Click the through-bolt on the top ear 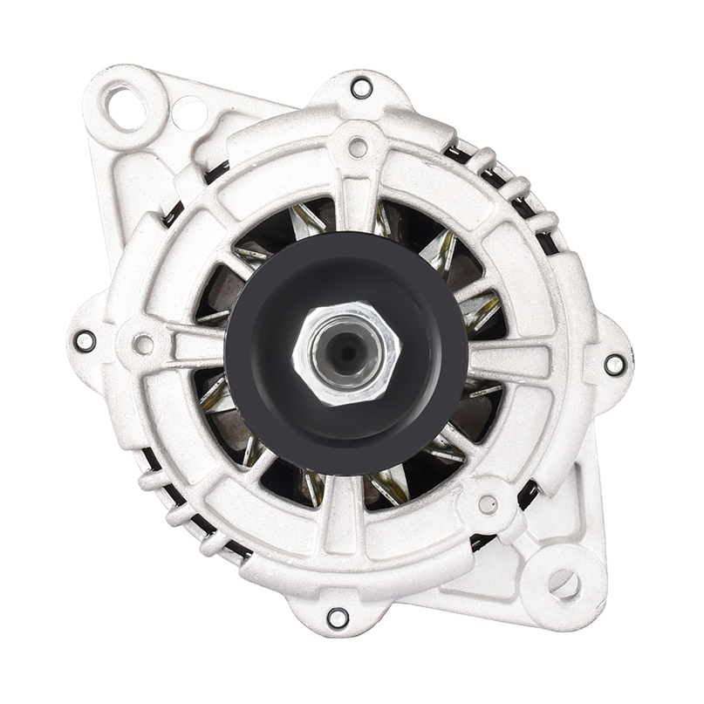tap(360, 87)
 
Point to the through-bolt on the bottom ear tap(338, 618)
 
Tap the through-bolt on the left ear tap(85, 340)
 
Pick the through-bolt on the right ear tap(614, 364)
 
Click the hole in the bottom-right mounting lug tap(564, 584)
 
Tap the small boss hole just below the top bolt tap(358, 148)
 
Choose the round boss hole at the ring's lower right tap(488, 504)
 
